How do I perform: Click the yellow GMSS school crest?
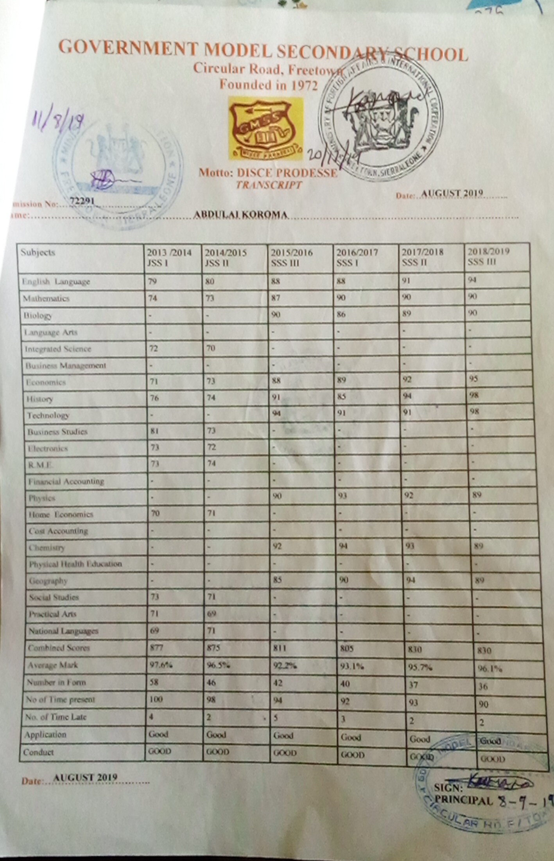(x=265, y=128)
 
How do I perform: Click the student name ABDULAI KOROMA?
(x=241, y=215)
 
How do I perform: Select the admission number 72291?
(x=82, y=201)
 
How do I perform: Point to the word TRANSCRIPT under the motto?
(x=269, y=185)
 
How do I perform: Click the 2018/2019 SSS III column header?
(x=489, y=257)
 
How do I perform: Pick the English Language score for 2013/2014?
(x=152, y=281)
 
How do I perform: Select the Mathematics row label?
(x=46, y=299)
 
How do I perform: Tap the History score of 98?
(x=474, y=395)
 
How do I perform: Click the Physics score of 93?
(x=342, y=496)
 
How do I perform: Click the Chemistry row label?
(x=47, y=548)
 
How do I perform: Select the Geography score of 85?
(x=277, y=579)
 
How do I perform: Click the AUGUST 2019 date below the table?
(x=85, y=777)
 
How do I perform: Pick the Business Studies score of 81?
(x=154, y=431)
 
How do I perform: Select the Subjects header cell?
(x=38, y=252)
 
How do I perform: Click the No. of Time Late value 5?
(x=275, y=717)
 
